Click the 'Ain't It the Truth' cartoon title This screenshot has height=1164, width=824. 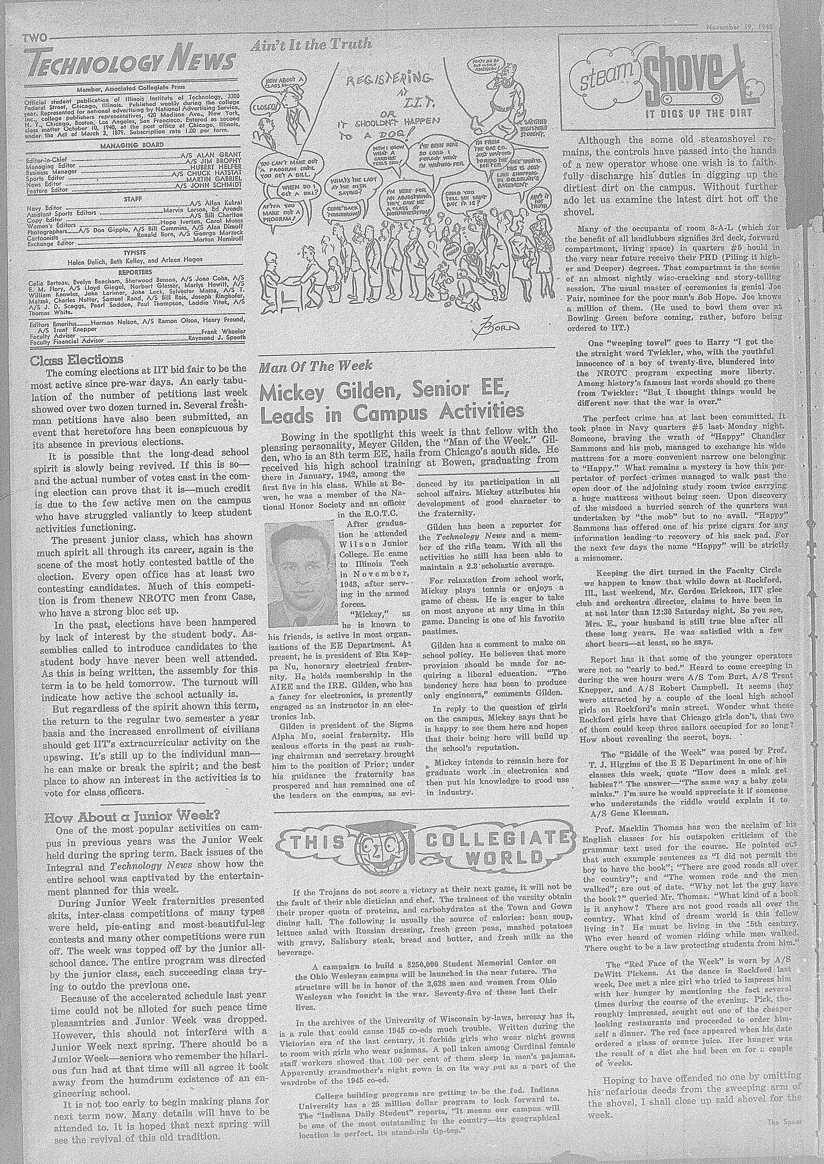click(x=311, y=45)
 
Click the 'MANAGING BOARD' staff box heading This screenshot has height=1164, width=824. click(x=132, y=145)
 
